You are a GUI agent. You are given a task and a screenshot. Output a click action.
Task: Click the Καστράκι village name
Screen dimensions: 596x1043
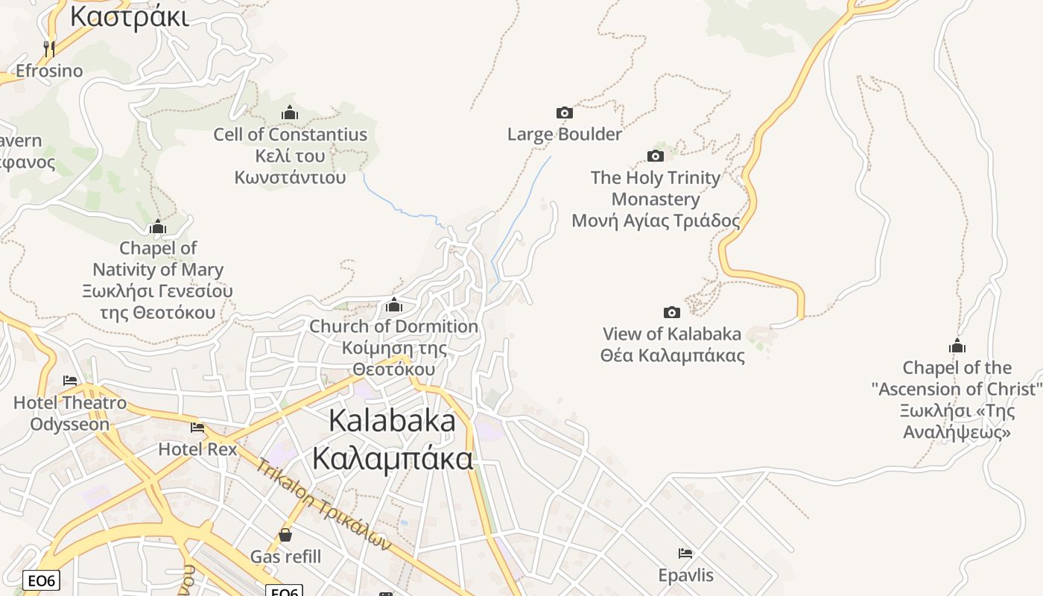[129, 16]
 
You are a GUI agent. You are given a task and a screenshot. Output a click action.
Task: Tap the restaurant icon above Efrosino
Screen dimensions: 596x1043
[49, 48]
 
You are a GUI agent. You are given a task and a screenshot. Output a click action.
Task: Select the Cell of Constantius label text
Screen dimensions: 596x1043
[290, 135]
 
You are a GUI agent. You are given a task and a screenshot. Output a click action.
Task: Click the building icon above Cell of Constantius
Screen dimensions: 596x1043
[290, 113]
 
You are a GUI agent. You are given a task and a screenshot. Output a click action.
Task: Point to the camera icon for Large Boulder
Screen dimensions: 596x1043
[565, 112]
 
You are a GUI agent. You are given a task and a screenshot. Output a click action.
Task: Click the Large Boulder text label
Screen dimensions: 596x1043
[564, 134]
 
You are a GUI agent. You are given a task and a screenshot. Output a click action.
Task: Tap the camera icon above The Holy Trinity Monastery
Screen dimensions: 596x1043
[656, 156]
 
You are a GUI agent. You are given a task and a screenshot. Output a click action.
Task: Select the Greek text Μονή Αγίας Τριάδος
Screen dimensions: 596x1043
[656, 221]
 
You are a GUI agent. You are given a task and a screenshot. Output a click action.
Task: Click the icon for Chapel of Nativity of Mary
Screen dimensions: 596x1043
[158, 226]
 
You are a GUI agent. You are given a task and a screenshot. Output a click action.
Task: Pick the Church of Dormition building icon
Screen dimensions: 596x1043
[394, 305]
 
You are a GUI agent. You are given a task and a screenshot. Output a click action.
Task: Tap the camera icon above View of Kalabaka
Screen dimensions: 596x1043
[672, 312]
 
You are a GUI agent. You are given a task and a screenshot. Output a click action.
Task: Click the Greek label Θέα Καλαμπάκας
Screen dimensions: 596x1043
[672, 355]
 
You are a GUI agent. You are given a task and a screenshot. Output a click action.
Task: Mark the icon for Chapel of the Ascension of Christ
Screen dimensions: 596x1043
[957, 346]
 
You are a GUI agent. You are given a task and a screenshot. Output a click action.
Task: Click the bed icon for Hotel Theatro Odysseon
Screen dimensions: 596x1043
[70, 381]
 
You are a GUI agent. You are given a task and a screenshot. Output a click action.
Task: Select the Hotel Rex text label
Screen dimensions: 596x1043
[197, 449]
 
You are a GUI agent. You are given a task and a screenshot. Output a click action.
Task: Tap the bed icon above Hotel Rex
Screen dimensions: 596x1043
[197, 428]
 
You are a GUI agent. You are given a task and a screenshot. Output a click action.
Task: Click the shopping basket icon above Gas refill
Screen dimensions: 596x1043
[285, 535]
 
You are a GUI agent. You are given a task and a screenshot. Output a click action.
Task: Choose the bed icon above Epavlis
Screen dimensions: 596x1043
[685, 554]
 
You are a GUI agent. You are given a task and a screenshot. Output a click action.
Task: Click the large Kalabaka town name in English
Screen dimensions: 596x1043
[392, 421]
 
